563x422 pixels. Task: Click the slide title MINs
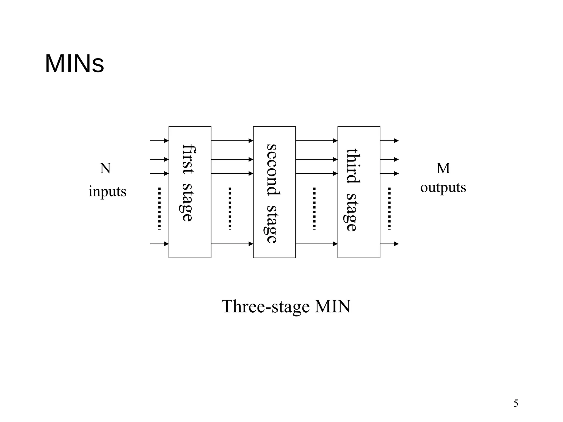point(74,64)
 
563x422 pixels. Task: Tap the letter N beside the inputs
point(105,168)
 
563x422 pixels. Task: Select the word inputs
point(107,191)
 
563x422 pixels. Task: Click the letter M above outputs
point(443,168)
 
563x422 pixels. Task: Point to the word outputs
point(443,188)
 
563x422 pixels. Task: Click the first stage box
point(190,192)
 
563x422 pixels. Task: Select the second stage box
point(274,192)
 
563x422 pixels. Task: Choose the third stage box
point(359,192)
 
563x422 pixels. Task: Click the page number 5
point(516,403)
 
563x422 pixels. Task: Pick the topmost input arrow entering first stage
point(159,141)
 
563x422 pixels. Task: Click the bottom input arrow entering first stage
point(159,244)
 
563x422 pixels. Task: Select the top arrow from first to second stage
point(232,141)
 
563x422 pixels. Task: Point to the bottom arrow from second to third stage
point(316,244)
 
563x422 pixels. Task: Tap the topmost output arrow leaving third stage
point(389,141)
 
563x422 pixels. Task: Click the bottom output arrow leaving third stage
point(389,244)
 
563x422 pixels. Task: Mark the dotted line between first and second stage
point(230,208)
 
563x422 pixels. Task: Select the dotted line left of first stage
point(159,208)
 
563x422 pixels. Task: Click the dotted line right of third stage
point(389,208)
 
